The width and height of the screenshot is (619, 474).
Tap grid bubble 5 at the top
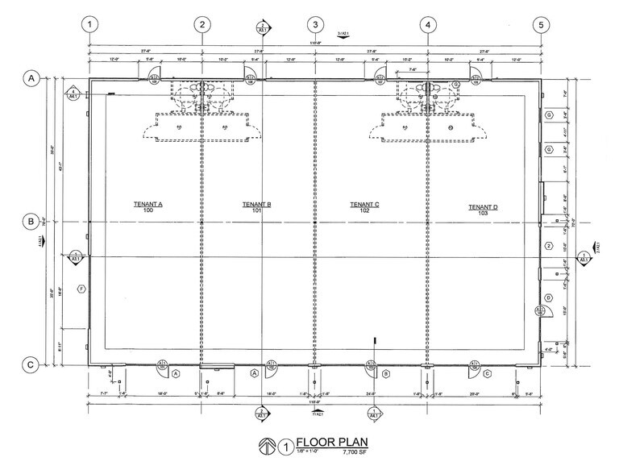pyautogui.click(x=539, y=24)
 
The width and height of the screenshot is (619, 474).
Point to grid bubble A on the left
pyautogui.click(x=31, y=78)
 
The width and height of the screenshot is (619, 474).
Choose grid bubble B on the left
pyautogui.click(x=31, y=221)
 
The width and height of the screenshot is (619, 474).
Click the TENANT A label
pyautogui.click(x=148, y=205)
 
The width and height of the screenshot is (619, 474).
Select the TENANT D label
pyautogui.click(x=483, y=207)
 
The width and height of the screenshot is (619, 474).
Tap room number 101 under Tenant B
pyautogui.click(x=256, y=212)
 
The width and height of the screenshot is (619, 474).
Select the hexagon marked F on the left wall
pyautogui.click(x=81, y=289)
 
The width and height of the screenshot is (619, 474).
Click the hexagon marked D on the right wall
pyautogui.click(x=548, y=297)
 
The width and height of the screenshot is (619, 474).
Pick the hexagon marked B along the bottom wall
pyautogui.click(x=386, y=374)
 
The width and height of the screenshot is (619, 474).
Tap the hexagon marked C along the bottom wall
pyautogui.click(x=488, y=374)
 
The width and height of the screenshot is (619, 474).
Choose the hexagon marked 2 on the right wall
pyautogui.click(x=548, y=246)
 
